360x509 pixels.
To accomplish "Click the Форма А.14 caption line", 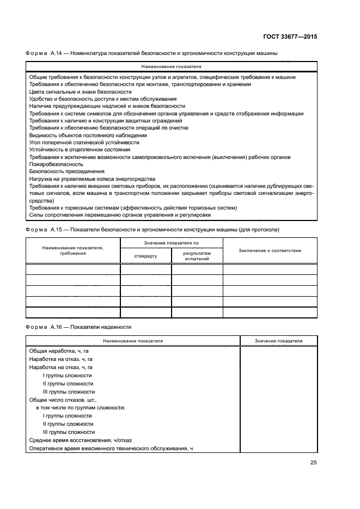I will pyautogui.click(x=152, y=53).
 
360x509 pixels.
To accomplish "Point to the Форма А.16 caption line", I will pyautogui.click(x=78, y=327).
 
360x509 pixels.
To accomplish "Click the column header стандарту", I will pyautogui.click(x=145, y=256).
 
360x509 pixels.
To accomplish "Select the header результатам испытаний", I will pyautogui.click(x=197, y=256).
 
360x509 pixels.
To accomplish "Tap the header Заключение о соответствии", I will pyautogui.click(x=270, y=250).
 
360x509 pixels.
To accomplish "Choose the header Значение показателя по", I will pyautogui.click(x=171, y=242).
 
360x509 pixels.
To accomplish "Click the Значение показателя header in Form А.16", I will pyautogui.click(x=278, y=341).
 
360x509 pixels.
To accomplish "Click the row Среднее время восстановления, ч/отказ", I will pyautogui.click(x=80, y=440).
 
